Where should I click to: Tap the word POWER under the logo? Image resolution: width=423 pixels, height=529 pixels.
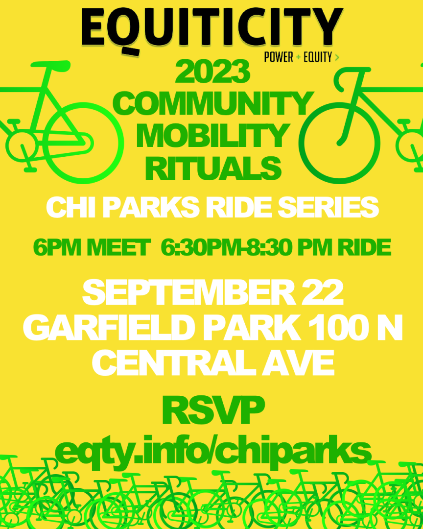(x=279, y=57)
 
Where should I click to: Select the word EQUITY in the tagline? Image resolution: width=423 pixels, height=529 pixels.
(x=318, y=57)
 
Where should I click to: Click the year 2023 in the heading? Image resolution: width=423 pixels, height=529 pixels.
(x=212, y=72)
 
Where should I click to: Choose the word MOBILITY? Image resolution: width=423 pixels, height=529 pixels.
(x=212, y=135)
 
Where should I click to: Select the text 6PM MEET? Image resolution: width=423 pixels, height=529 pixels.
(x=92, y=248)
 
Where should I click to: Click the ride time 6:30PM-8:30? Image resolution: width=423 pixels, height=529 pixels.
(x=226, y=248)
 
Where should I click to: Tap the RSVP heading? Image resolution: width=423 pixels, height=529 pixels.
(x=213, y=411)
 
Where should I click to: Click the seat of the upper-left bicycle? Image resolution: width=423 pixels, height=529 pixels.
(x=50, y=65)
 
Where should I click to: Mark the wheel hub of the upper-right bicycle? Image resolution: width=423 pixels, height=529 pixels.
(x=339, y=143)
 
